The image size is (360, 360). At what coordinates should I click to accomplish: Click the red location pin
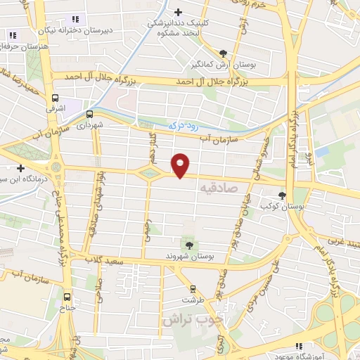181,165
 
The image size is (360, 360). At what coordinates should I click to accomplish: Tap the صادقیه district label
219,188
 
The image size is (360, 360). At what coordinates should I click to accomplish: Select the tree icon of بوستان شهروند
188,245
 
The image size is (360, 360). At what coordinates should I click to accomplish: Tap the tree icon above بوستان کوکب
282,195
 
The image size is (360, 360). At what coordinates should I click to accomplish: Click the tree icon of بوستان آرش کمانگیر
224,53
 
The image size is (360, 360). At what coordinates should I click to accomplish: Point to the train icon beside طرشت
192,288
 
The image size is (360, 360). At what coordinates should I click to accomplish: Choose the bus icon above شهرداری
90,113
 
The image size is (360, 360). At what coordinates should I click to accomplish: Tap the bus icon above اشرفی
56,99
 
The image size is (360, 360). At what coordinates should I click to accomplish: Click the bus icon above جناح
67,297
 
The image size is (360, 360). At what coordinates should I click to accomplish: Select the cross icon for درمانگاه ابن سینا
21,169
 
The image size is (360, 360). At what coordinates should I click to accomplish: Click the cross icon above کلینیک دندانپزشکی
179,12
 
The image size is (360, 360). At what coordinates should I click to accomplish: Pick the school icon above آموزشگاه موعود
299,346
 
